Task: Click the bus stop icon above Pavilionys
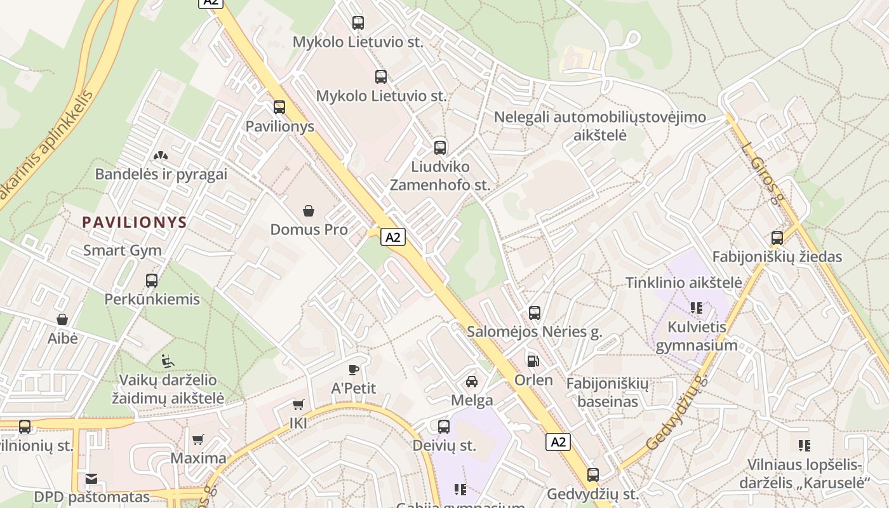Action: tap(279, 107)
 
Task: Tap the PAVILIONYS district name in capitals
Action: tap(135, 222)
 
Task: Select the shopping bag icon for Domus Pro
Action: tap(309, 210)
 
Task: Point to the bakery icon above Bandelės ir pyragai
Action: tap(161, 155)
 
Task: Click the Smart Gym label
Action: tap(123, 250)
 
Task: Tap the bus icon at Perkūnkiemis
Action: tap(152, 280)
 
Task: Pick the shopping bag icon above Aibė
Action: tap(62, 319)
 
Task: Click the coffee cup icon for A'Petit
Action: tap(354, 370)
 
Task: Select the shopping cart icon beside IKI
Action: tap(298, 404)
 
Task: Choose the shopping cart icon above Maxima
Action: tap(198, 439)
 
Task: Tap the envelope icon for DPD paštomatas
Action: tap(92, 478)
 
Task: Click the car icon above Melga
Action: tap(472, 381)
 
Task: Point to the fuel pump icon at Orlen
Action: tap(533, 361)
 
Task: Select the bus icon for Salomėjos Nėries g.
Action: tap(535, 312)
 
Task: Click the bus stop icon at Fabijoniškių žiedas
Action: tap(777, 238)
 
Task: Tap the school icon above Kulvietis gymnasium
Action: tap(697, 308)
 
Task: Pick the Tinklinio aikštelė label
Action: tap(684, 283)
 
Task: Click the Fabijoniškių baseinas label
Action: tap(608, 392)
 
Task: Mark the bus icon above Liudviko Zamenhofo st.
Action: tap(440, 148)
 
